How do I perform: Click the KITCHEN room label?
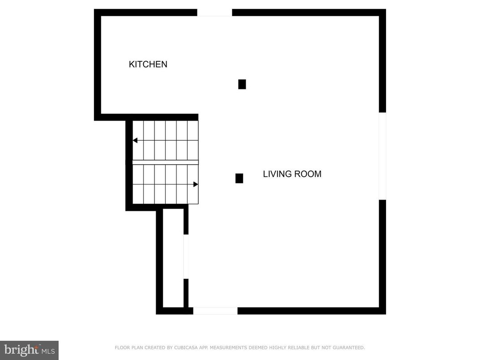point(148,64)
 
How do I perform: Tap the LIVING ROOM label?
point(292,174)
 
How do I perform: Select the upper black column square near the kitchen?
point(242,84)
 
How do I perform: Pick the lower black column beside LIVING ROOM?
point(239,178)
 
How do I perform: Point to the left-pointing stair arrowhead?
point(135,141)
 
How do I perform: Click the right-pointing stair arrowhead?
point(196,184)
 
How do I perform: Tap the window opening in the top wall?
point(214,13)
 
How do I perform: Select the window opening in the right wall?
point(382,156)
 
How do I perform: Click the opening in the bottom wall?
point(215,311)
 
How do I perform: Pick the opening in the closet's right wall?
point(186,257)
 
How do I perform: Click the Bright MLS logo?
point(29,350)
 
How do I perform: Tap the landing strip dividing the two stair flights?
point(165,162)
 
